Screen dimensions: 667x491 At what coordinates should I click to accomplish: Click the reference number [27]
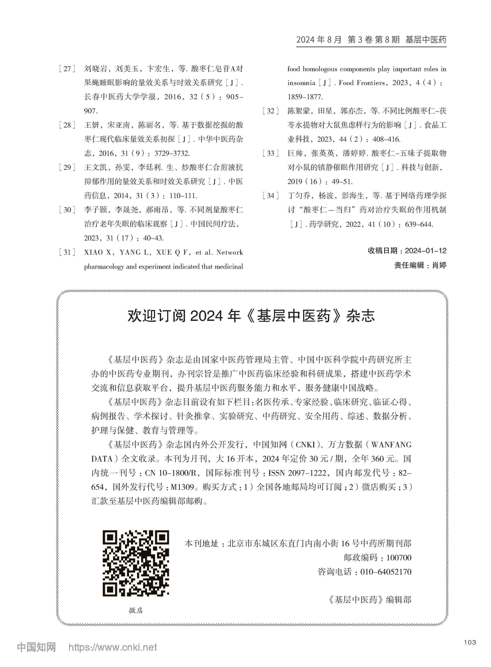click(67, 69)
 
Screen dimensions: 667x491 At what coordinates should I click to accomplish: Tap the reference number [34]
click(271, 196)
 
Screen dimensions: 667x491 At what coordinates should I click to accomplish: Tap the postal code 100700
click(399, 557)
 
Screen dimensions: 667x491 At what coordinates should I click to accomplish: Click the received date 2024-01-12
click(425, 251)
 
